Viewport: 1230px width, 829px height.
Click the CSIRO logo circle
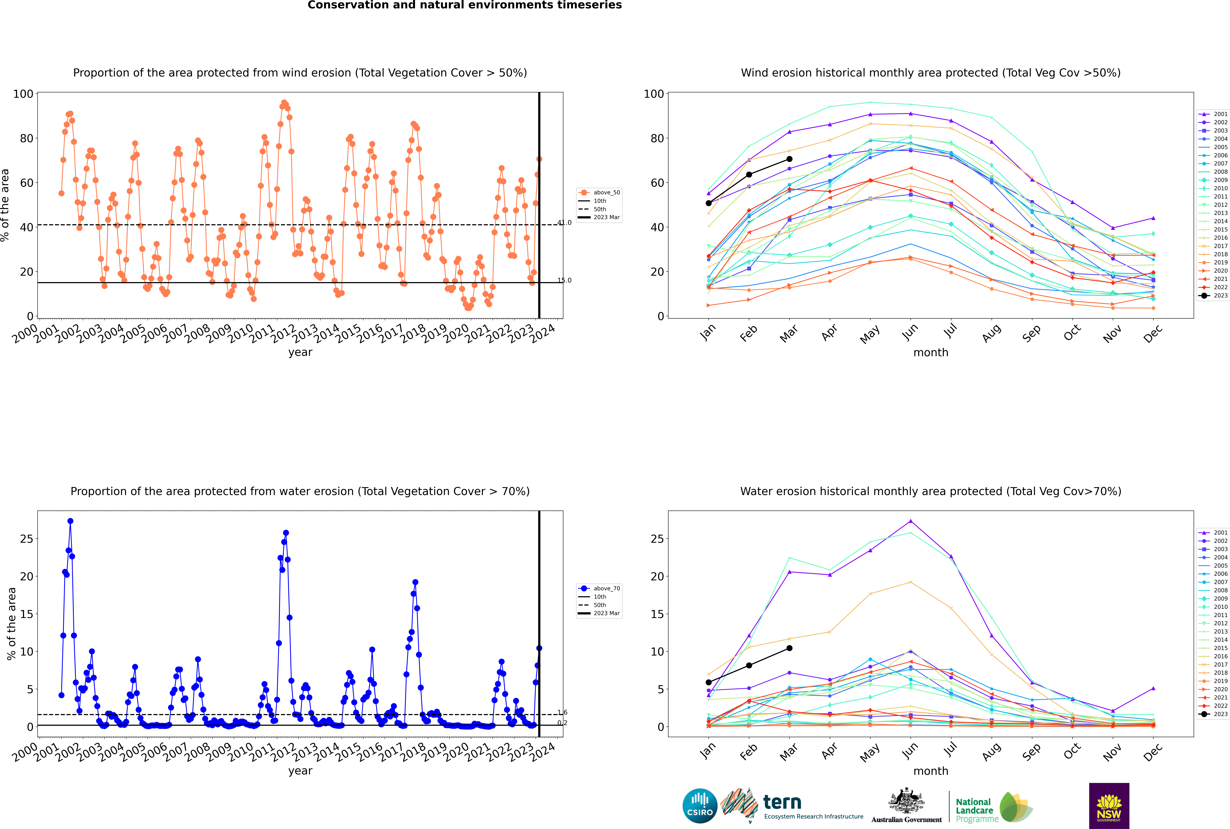(700, 806)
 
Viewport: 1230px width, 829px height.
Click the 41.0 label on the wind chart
(564, 223)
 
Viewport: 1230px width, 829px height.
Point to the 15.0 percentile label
(564, 280)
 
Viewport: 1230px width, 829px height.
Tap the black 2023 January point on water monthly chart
(709, 682)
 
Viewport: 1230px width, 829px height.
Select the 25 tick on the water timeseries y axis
(26, 539)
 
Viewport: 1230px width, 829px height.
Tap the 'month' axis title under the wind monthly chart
(931, 353)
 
